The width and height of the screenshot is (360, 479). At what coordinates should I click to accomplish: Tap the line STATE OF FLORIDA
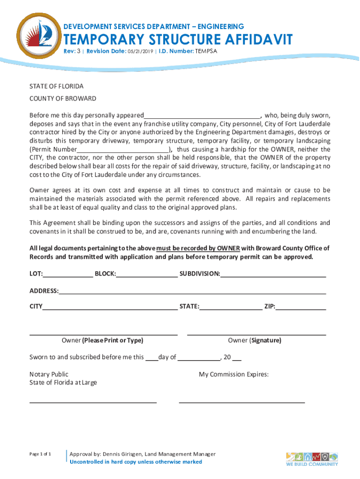click(57, 87)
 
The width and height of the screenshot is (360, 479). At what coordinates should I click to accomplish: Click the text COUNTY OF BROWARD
click(63, 99)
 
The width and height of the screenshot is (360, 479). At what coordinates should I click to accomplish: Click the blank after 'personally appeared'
click(202, 116)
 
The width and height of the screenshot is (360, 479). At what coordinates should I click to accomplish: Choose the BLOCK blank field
click(147, 274)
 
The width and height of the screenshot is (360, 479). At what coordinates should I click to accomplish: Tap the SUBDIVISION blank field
click(273, 274)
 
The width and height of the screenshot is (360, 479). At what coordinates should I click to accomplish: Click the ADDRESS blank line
click(192, 291)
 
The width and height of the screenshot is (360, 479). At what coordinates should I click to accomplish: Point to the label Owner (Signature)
click(254, 341)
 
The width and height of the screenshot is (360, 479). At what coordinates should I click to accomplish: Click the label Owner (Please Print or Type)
click(102, 341)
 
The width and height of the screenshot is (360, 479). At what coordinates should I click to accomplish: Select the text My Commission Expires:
click(234, 374)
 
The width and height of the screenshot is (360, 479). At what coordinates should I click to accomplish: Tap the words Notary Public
click(49, 374)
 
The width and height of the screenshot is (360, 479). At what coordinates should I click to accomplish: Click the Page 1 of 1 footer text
click(40, 454)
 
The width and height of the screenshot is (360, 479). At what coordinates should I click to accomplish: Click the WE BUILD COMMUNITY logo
click(312, 459)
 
